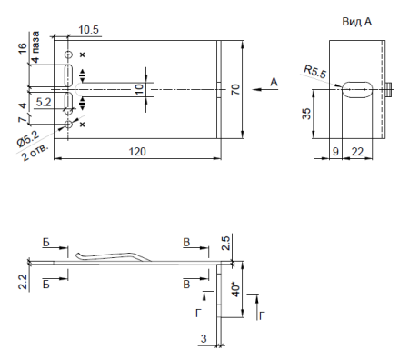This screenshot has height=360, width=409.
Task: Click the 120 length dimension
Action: (137, 152)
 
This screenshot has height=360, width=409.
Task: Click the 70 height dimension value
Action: (235, 90)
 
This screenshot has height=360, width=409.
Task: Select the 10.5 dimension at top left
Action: (88, 30)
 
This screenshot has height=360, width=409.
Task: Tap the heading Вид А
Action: (357, 22)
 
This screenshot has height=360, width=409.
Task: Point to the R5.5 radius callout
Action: (315, 72)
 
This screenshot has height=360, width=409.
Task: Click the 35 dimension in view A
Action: (306, 114)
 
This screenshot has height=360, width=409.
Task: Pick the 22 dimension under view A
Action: (357, 152)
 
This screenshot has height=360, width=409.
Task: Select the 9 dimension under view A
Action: (335, 152)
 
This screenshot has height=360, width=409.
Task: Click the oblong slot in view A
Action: (357, 90)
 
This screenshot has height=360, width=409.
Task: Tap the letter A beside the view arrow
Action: (274, 82)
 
